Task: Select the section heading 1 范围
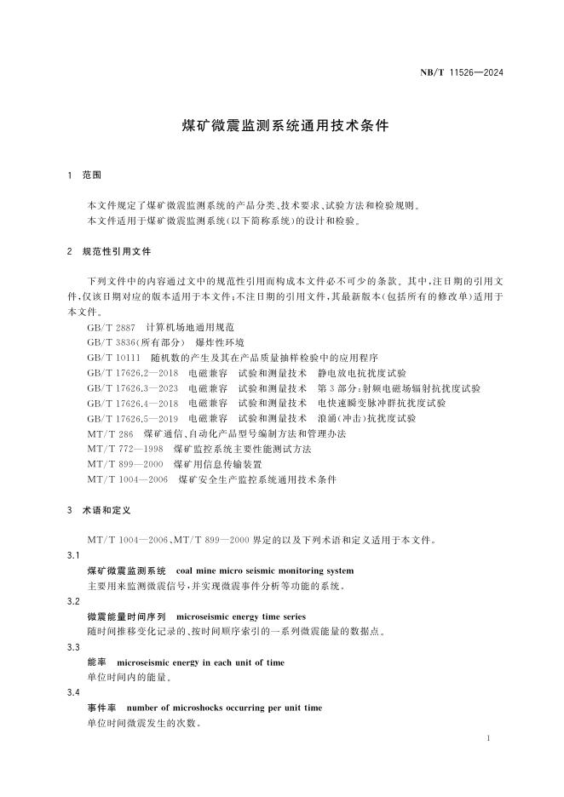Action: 84,175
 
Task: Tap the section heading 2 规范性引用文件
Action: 109,252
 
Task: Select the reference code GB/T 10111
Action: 113,358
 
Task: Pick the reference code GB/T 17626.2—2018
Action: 132,373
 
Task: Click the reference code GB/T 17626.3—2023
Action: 132,388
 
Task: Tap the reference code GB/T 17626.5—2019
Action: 132,419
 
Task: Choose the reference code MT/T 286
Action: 111,434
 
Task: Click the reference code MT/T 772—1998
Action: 125,449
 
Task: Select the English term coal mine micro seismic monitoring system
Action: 264,571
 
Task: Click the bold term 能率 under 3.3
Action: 96,662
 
